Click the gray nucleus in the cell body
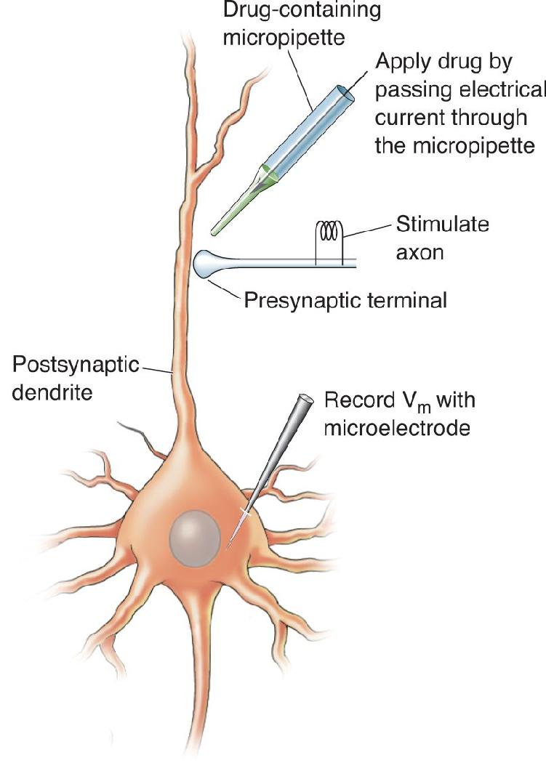click(x=195, y=538)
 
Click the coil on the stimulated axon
click(x=328, y=231)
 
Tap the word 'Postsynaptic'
click(x=76, y=365)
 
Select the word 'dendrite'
click(x=52, y=392)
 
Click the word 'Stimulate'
click(x=443, y=224)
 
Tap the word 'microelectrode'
click(x=397, y=427)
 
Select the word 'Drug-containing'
click(x=302, y=10)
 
